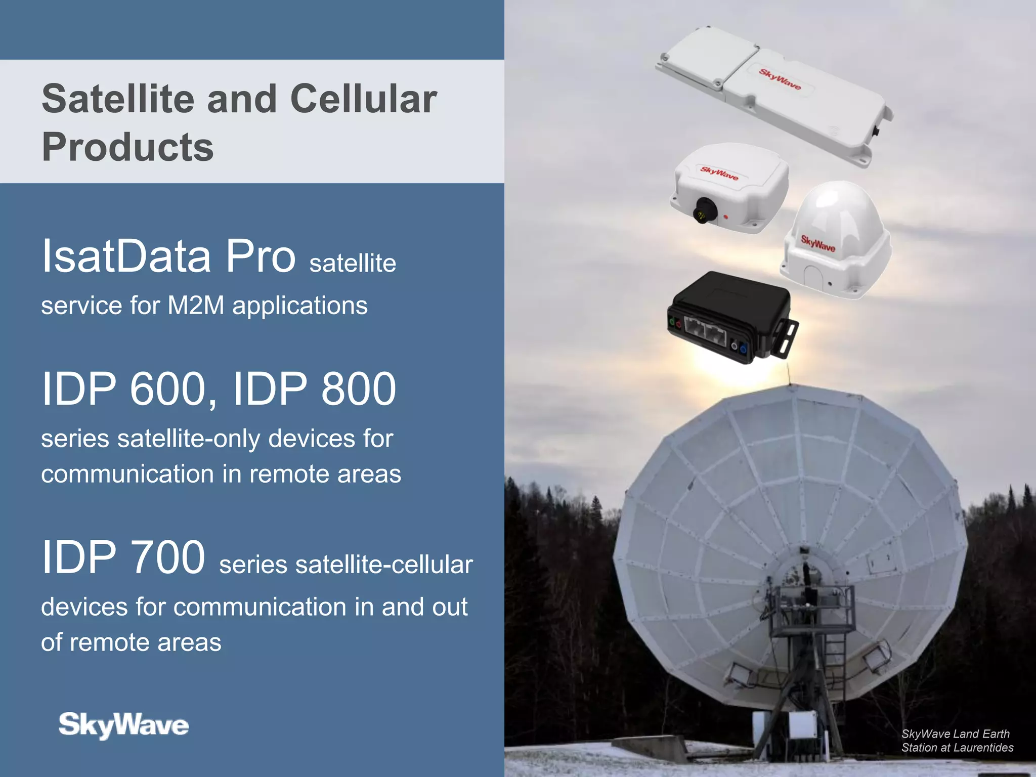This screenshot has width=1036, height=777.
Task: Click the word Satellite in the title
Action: (118, 99)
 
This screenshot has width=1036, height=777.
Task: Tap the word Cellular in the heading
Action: (363, 99)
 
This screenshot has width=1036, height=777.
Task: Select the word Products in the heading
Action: (127, 147)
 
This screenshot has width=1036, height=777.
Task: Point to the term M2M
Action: (195, 306)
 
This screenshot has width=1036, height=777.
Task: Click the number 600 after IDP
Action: (167, 389)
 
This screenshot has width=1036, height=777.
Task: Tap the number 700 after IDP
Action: (167, 557)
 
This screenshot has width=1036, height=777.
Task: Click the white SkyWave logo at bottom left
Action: (123, 725)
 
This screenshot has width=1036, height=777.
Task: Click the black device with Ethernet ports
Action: (728, 316)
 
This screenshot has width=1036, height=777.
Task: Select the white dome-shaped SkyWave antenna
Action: (837, 238)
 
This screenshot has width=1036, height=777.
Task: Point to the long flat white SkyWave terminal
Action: (774, 94)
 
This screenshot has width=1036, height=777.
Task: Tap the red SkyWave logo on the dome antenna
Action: (818, 243)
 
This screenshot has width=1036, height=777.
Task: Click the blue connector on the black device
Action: (743, 349)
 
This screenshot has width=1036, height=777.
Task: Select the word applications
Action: (299, 306)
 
